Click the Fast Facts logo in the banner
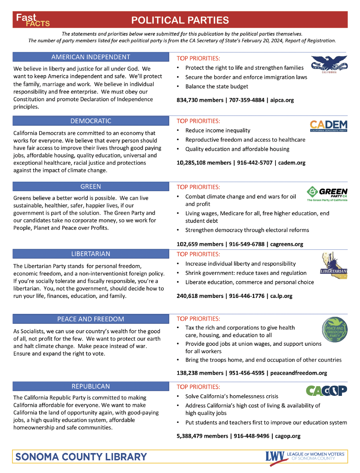[33, 20]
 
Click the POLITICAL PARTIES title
[180, 20]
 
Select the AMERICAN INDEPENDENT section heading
[91, 57]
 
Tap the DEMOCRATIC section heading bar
[91, 121]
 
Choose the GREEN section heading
[91, 186]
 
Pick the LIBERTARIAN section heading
[91, 254]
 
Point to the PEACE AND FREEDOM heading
[91, 319]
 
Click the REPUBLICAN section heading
[91, 386]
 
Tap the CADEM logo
[329, 126]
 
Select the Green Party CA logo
[327, 194]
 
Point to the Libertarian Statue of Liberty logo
[333, 266]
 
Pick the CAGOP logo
[326, 390]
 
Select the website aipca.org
[282, 100]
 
